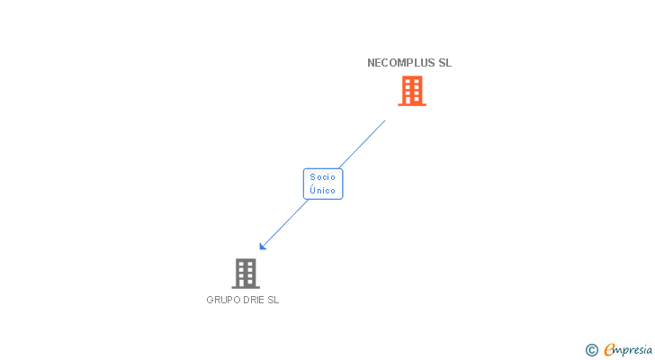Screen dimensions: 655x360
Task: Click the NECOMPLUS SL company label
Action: pos(409,63)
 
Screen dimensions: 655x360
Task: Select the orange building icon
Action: pos(412,91)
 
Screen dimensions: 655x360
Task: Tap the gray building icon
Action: pos(245,273)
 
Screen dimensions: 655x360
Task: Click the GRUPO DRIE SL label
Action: pos(243,301)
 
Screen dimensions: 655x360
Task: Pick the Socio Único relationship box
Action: pos(323,184)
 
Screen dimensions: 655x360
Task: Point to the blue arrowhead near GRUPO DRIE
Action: pos(263,246)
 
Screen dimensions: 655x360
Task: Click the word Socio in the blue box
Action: pos(323,177)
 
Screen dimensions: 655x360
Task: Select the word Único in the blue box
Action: pos(323,191)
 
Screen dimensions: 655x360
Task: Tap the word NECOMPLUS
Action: pos(400,63)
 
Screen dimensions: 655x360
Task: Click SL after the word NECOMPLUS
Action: pos(444,63)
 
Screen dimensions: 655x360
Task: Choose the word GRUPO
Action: pos(223,301)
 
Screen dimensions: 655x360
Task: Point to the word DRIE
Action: pos(254,301)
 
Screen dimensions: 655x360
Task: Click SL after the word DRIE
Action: pos(274,301)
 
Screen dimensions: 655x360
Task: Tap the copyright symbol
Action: pos(591,350)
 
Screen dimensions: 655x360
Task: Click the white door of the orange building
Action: pos(412,101)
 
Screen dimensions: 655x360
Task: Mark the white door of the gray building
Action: pos(245,283)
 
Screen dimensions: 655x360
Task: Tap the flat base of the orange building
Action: pos(412,105)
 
